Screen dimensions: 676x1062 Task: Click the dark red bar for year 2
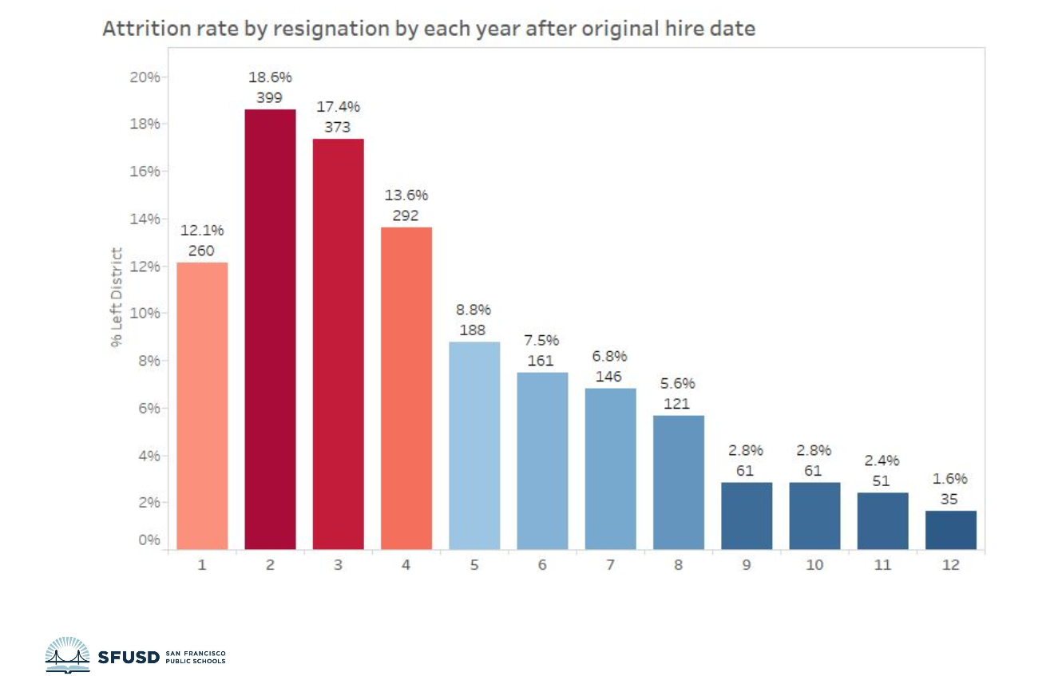pyautogui.click(x=270, y=329)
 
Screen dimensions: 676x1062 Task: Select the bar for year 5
pyautogui.click(x=474, y=445)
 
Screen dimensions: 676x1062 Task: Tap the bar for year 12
pyautogui.click(x=950, y=530)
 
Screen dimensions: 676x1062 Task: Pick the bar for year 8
pyautogui.click(x=679, y=482)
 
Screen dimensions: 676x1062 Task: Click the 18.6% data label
pyautogui.click(x=270, y=77)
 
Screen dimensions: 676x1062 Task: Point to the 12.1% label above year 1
pyautogui.click(x=202, y=231)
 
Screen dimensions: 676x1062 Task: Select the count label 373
pyautogui.click(x=338, y=127)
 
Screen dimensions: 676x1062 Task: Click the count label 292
pyautogui.click(x=406, y=215)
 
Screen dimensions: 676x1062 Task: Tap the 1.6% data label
pyautogui.click(x=950, y=479)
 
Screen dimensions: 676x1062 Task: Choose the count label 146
pyautogui.click(x=610, y=376)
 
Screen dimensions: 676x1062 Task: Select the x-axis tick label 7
pyautogui.click(x=610, y=565)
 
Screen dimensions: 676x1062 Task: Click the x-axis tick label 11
pyautogui.click(x=882, y=565)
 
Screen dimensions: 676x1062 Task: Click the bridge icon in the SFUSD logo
pyautogui.click(x=67, y=655)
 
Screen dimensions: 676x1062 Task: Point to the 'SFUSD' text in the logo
pyautogui.click(x=128, y=657)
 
